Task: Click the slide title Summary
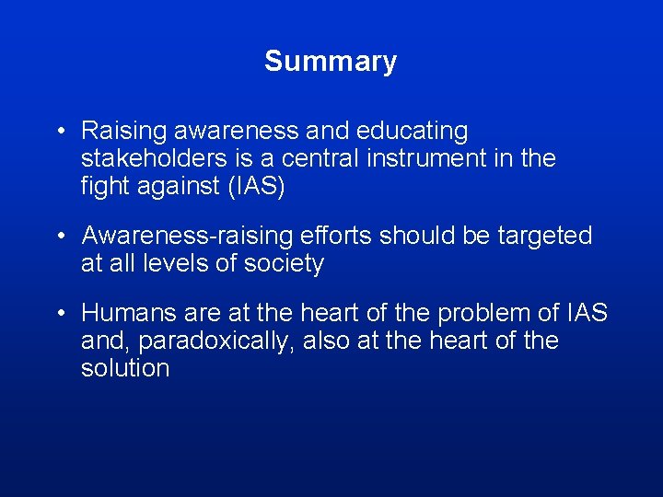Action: coord(331,62)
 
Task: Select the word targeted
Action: coord(544,237)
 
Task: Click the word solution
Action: coord(125,368)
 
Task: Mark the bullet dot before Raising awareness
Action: coord(60,133)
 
